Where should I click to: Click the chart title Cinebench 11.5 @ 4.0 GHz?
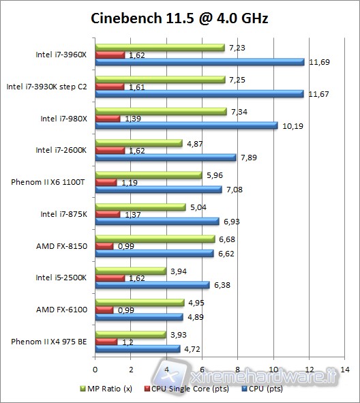click(x=180, y=18)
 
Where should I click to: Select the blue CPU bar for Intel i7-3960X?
click(x=200, y=62)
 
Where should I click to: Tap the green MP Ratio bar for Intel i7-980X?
click(x=161, y=110)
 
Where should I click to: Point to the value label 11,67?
click(x=318, y=93)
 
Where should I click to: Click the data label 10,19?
click(x=291, y=125)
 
